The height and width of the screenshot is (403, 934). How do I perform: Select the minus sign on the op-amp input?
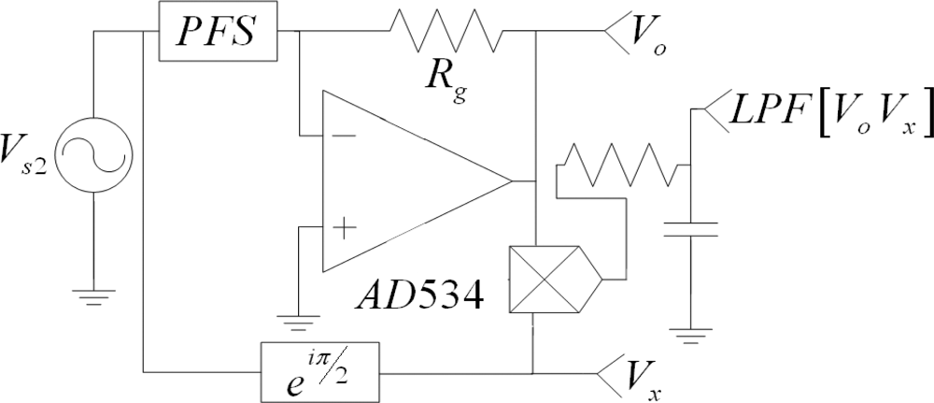tap(344, 135)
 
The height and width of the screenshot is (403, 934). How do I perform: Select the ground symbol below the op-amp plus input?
tap(298, 324)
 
